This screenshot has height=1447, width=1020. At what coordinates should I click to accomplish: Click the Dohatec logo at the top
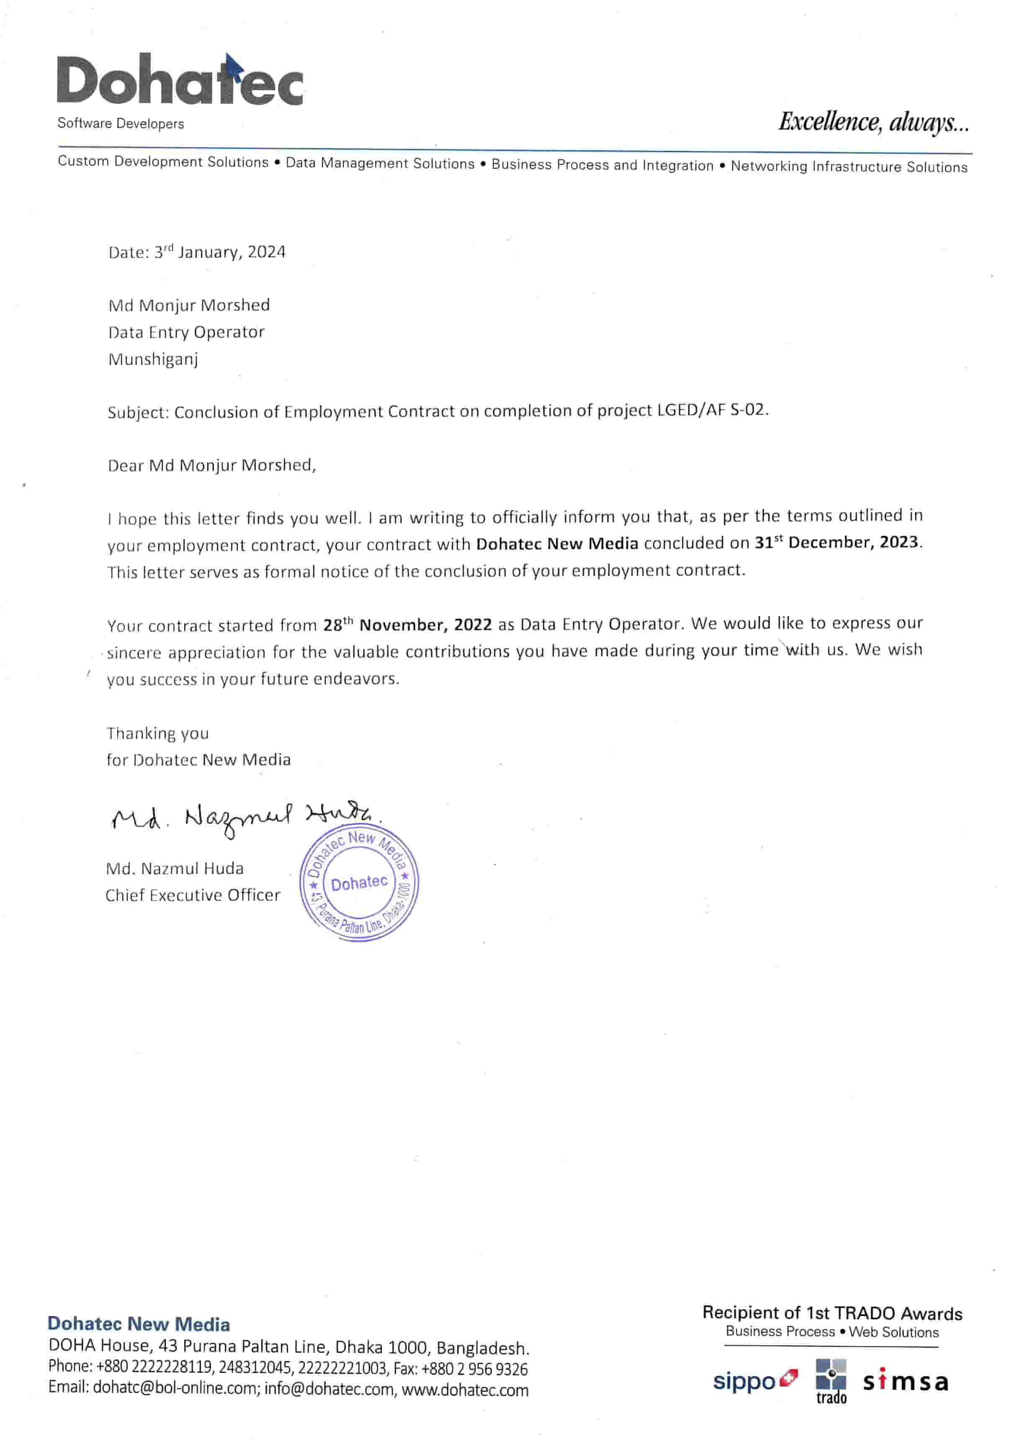[x=180, y=81]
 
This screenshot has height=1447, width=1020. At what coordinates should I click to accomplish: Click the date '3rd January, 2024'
[x=219, y=252]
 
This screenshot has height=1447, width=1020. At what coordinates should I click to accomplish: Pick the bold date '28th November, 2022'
[x=407, y=625]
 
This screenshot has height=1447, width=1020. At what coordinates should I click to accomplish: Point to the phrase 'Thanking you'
[x=157, y=733]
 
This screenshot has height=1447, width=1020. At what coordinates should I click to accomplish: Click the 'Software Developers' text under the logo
[x=121, y=123]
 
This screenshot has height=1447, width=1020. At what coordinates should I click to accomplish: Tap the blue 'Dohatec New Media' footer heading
[x=139, y=1324]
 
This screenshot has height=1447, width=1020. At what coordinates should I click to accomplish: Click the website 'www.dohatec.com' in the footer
[x=465, y=1390]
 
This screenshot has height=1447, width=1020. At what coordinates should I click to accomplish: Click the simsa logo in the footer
[x=905, y=1382]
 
